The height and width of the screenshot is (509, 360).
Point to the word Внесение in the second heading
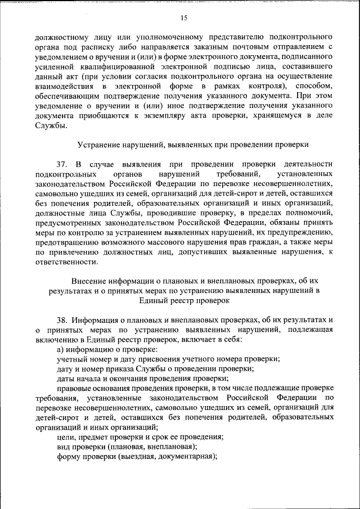pos(92,280)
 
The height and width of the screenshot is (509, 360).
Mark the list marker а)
pos(61,349)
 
